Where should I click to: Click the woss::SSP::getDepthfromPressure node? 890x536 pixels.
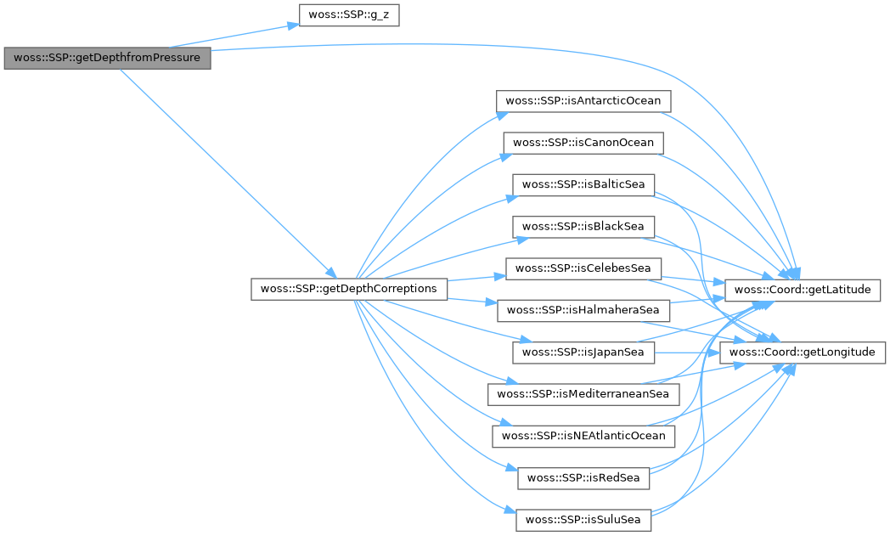click(106, 59)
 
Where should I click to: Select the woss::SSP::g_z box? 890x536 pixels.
click(349, 16)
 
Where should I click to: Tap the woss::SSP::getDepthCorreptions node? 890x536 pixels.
click(349, 289)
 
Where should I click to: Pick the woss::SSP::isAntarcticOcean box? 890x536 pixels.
click(583, 101)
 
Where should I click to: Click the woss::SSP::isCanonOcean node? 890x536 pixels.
click(583, 143)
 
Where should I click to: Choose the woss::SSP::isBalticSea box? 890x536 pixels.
click(583, 184)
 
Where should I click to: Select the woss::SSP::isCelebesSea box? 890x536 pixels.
click(583, 268)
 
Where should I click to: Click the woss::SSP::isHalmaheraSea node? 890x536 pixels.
click(583, 310)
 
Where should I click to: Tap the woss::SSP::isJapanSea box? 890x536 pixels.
click(583, 352)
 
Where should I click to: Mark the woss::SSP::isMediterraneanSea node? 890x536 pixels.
click(583, 394)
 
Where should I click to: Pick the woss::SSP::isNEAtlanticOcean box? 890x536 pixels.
click(583, 436)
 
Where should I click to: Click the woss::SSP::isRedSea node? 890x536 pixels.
click(583, 477)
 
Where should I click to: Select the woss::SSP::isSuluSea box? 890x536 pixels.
click(583, 519)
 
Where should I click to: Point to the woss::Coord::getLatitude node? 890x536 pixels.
click(803, 290)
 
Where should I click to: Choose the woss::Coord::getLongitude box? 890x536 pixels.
click(803, 352)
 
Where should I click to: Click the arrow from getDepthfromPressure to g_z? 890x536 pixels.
click(255, 35)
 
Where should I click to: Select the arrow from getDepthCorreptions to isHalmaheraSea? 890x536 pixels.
click(472, 300)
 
